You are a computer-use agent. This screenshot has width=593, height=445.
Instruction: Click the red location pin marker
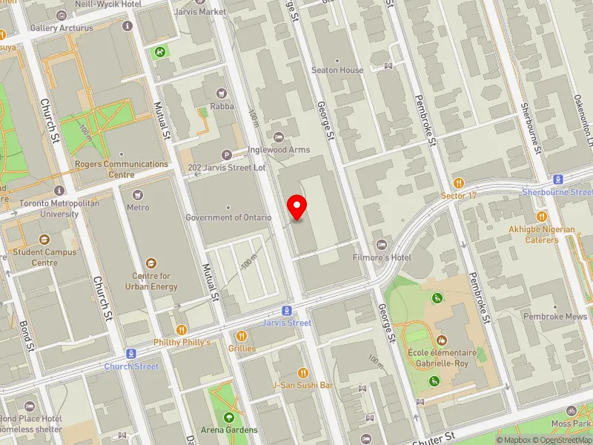[x=297, y=207]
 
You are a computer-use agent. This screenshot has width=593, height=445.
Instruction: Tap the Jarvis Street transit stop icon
[x=286, y=311]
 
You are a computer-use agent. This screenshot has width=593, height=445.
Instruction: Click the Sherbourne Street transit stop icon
[x=557, y=179]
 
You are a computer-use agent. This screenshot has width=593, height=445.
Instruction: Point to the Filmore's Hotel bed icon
[x=382, y=245]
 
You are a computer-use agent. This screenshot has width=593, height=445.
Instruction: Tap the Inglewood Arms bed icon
[x=279, y=136]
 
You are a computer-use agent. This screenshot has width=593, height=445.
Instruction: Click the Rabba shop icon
[x=221, y=93]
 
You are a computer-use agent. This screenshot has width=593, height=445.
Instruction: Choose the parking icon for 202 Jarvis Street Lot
[x=227, y=154]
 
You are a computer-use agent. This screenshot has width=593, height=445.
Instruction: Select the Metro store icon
[x=137, y=195]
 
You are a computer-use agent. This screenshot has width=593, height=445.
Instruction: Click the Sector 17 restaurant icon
[x=459, y=182]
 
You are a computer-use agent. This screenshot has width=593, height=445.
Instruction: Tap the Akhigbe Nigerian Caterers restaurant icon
[x=542, y=217]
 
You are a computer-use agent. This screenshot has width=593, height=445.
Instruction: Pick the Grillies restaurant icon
[x=242, y=336]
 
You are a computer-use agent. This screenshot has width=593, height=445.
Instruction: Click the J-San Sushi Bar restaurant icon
[x=302, y=372]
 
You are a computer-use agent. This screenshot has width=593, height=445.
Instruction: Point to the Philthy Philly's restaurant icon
[x=181, y=329]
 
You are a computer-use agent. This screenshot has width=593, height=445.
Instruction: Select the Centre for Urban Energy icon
[x=151, y=263]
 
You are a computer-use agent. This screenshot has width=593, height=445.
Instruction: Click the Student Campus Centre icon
[x=44, y=240]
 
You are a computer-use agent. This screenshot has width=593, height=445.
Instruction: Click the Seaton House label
[x=337, y=70]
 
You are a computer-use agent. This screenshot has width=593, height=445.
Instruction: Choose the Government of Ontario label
[x=228, y=217]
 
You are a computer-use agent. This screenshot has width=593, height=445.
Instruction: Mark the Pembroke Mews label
[x=554, y=316]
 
